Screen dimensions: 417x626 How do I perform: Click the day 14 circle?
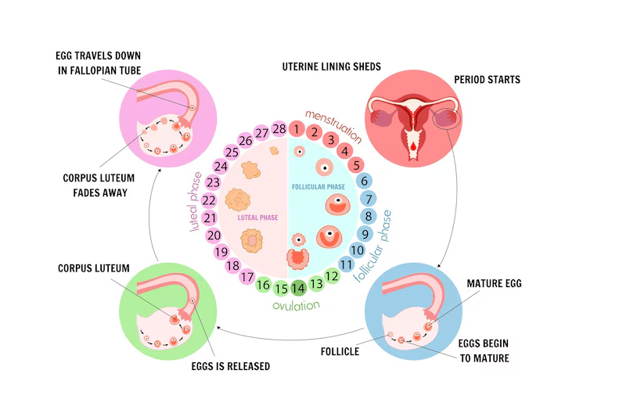click(x=298, y=289)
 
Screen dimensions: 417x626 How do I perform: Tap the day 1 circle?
click(x=297, y=128)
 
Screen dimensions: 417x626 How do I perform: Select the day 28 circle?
click(x=279, y=128)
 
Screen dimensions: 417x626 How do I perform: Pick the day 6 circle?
click(x=364, y=181)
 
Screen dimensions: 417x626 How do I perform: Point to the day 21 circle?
click(x=209, y=217)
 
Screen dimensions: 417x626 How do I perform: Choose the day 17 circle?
click(x=246, y=275)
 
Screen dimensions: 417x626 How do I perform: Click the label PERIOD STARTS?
click(x=487, y=80)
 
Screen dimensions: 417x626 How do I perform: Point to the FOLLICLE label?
click(x=340, y=351)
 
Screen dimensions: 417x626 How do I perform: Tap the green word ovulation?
click(x=297, y=306)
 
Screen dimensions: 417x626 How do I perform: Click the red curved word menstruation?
click(x=333, y=124)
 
